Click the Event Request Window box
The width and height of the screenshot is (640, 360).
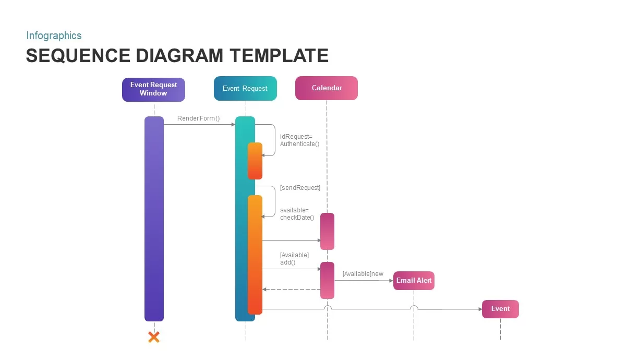pos(153,89)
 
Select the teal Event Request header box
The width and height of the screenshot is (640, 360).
pos(245,88)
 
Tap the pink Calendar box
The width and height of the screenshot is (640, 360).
pos(327,88)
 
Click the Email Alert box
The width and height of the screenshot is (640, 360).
pos(414,281)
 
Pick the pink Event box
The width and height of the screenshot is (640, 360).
pos(500,309)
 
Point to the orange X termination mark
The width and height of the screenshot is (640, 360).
pos(154,337)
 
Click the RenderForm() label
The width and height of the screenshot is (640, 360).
pos(199,118)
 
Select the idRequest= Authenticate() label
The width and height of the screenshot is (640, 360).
pos(299,140)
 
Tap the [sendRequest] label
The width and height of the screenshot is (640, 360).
pos(300,188)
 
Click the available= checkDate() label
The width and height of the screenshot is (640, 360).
pos(297,214)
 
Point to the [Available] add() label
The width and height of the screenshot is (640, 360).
pos(294,259)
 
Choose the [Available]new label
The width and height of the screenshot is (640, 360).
pos(363,274)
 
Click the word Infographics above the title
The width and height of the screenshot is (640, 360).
pos(54,35)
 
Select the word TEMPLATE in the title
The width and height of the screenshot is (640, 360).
pos(279,55)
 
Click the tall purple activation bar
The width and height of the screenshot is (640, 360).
pos(154,219)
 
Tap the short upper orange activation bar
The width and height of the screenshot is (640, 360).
pos(255,161)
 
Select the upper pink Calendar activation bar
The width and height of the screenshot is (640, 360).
pos(327,231)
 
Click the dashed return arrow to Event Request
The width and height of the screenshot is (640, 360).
pos(291,290)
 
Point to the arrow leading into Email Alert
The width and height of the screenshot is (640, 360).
pos(364,281)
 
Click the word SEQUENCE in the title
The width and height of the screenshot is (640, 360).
pos(78,55)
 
